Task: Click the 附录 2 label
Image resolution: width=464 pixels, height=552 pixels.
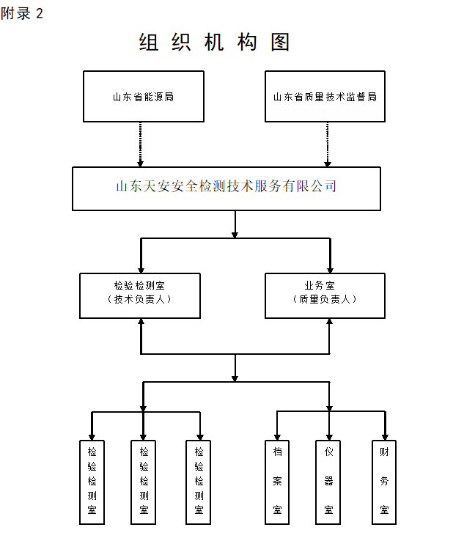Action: pyautogui.click(x=21, y=14)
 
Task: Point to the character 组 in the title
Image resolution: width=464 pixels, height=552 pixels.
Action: pyautogui.click(x=149, y=43)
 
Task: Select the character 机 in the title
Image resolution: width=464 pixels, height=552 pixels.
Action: pyautogui.click(x=214, y=43)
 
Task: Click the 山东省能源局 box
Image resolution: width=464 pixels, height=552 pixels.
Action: pyautogui.click(x=144, y=96)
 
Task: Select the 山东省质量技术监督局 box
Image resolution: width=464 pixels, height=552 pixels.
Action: pyautogui.click(x=325, y=96)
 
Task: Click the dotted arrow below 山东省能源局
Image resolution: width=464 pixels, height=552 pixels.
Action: pyautogui.click(x=141, y=144)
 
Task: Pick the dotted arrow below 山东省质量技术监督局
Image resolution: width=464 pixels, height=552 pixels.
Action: pyautogui.click(x=328, y=144)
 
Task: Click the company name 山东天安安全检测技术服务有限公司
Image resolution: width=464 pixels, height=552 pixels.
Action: pyautogui.click(x=227, y=187)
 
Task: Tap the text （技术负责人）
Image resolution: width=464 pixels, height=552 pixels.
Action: pyautogui.click(x=140, y=299)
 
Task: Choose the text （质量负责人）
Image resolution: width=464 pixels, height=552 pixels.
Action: pyautogui.click(x=325, y=299)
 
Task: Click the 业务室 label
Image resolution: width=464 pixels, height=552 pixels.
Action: pyautogui.click(x=325, y=284)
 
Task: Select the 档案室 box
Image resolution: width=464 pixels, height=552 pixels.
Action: pyautogui.click(x=277, y=481)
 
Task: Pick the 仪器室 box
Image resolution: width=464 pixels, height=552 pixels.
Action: pyautogui.click(x=328, y=481)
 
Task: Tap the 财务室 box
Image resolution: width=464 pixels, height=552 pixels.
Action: pyautogui.click(x=384, y=481)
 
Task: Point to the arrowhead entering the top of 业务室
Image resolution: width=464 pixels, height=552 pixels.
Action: pyautogui.click(x=329, y=269)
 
